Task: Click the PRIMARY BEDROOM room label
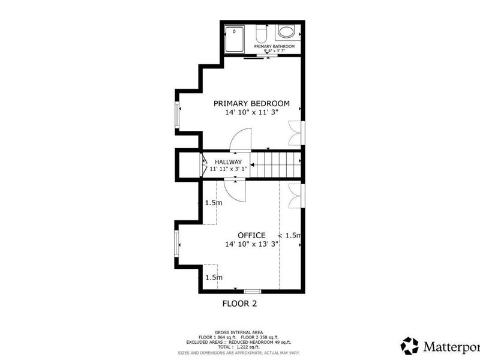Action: [x=251, y=103]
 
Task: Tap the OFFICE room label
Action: [x=251, y=235]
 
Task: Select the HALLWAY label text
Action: [x=228, y=162]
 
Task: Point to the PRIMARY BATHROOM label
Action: [x=274, y=46]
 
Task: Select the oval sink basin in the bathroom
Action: [x=286, y=32]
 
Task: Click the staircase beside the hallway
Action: [x=275, y=165]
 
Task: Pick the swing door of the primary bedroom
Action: [x=242, y=139]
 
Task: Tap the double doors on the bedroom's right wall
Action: [x=295, y=133]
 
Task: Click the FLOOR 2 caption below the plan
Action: [x=239, y=304]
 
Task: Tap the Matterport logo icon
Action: [x=410, y=346]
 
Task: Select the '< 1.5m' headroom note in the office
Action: [x=289, y=235]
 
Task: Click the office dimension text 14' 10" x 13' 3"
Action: [x=251, y=244]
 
